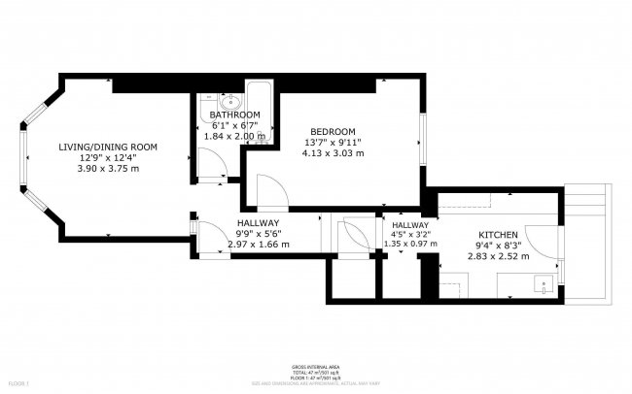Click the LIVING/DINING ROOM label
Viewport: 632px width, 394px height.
point(108,147)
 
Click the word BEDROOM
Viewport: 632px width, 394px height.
point(333,132)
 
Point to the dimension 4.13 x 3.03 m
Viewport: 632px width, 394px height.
point(333,153)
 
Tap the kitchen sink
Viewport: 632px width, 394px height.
point(544,284)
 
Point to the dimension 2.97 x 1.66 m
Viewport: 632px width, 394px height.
point(258,246)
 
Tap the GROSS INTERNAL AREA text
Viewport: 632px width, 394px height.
point(315,366)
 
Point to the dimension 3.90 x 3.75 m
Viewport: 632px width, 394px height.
point(108,168)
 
